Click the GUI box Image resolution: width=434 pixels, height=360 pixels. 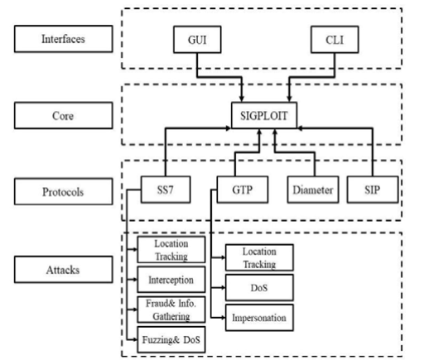coord(197,40)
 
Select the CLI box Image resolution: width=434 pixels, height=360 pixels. coord(335,40)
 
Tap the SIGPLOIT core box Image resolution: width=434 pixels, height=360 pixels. coord(264,115)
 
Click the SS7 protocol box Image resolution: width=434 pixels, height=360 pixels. coord(166,190)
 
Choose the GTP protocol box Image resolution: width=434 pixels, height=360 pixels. coord(243,190)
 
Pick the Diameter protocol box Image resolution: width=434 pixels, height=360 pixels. coord(313,190)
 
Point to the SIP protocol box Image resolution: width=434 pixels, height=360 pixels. coord(373,190)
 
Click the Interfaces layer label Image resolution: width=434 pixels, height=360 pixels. coord(64,39)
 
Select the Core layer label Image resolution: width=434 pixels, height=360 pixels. coord(64,115)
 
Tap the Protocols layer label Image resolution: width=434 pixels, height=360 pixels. coord(64,192)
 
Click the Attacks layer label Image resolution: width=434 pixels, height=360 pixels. coord(64,270)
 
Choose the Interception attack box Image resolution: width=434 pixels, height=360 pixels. coord(171,280)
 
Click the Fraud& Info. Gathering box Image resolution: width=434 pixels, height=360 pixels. coord(171,310)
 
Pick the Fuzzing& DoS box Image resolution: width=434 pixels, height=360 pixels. coord(171,339)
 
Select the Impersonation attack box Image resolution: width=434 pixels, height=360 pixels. coord(259,318)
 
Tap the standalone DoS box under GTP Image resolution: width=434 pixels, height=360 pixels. coord(259,287)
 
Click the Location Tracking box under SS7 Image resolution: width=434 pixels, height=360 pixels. coord(171,250)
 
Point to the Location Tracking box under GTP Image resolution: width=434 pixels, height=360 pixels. coord(259,257)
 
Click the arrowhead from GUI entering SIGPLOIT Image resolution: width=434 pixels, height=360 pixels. coord(242,98)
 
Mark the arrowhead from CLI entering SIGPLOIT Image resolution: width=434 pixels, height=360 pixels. coord(289,98)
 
